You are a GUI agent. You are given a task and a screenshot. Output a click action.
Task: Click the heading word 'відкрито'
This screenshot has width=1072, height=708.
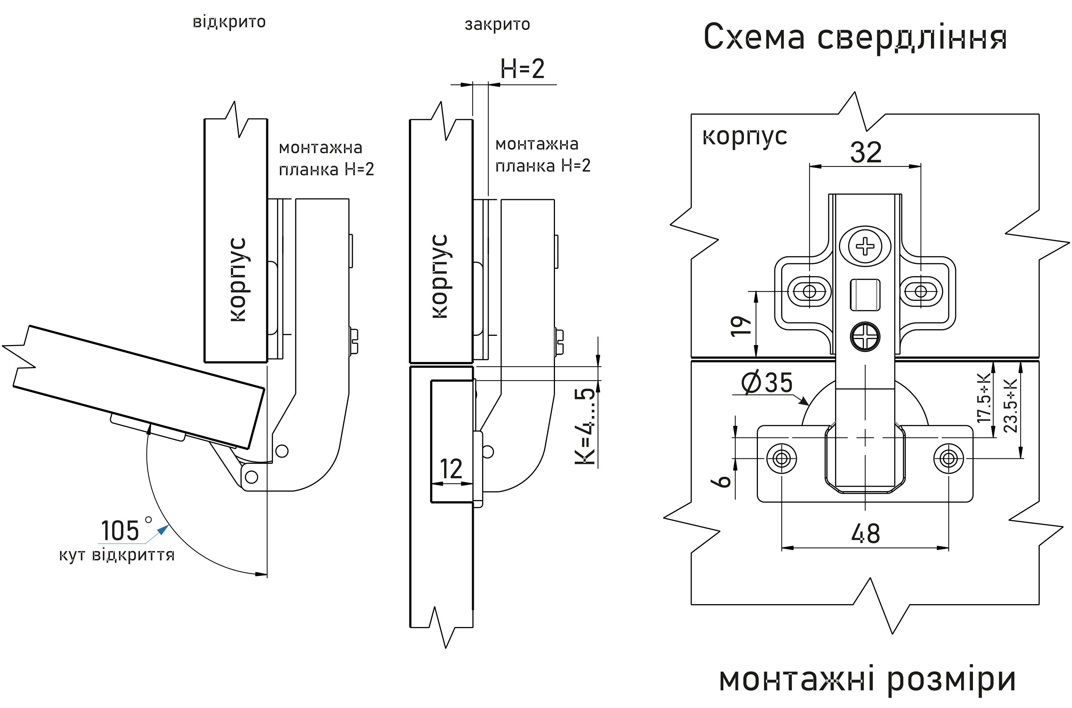click(229, 22)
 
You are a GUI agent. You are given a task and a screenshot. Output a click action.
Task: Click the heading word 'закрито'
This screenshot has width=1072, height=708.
click(497, 24)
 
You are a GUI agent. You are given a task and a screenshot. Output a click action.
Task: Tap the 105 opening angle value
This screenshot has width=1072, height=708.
click(120, 531)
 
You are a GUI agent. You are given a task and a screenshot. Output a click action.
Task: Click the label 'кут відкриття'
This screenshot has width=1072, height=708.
click(116, 555)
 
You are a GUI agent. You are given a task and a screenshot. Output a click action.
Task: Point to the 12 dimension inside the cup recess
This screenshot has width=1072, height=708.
click(451, 469)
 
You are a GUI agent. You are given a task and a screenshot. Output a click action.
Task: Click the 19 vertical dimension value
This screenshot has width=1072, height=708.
click(741, 326)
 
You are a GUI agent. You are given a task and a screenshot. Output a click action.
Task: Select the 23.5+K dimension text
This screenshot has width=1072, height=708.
click(1010, 405)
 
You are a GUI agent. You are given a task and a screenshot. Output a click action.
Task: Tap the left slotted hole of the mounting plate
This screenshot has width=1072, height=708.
click(809, 291)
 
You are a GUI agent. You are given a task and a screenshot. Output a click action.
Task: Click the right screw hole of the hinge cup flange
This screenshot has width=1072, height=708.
click(948, 459)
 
